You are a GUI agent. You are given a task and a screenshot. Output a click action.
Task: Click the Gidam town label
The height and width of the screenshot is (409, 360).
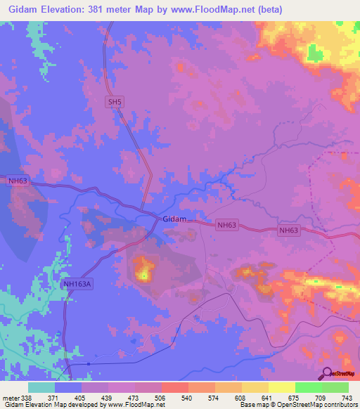tap(174, 219)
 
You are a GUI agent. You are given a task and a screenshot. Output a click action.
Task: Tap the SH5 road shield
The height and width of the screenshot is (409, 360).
tap(115, 102)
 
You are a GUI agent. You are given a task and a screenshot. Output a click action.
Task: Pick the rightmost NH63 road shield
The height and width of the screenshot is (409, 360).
tap(289, 231)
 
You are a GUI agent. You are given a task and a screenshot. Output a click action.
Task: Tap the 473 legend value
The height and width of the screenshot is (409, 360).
tap(135, 397)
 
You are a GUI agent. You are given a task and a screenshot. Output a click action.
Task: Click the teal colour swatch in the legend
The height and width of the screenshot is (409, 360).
tap(41, 387)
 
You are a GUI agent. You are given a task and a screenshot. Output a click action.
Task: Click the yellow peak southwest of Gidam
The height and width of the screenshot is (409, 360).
tap(145, 272)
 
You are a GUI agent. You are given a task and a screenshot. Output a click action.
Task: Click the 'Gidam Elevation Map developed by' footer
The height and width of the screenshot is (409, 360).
tap(53, 405)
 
